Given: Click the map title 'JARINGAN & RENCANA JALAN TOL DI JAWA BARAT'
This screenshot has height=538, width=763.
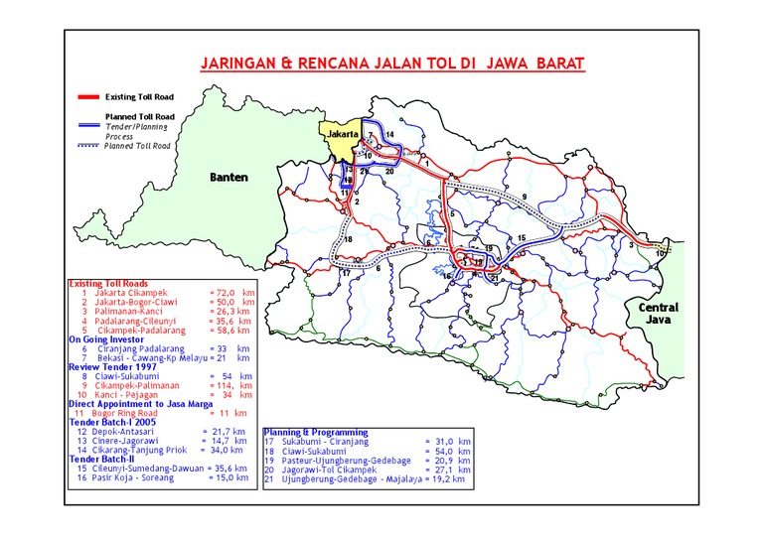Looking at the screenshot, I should [392, 64].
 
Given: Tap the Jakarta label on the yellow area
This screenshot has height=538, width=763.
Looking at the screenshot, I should [341, 134].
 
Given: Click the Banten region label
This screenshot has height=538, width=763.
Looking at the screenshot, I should [228, 178].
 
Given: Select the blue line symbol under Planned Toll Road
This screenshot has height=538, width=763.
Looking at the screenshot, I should [87, 127].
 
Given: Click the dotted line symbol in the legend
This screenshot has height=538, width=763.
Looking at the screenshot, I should [87, 146].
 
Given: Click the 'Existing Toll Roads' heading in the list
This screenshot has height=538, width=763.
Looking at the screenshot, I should [106, 284].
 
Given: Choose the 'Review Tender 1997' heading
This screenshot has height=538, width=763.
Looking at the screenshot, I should [110, 367].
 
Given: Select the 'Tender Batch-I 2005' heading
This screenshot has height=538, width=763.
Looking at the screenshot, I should [112, 422].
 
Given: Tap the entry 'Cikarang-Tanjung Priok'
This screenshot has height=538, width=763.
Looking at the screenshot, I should [140, 450].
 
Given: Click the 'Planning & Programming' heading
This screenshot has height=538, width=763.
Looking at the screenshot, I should [316, 432].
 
